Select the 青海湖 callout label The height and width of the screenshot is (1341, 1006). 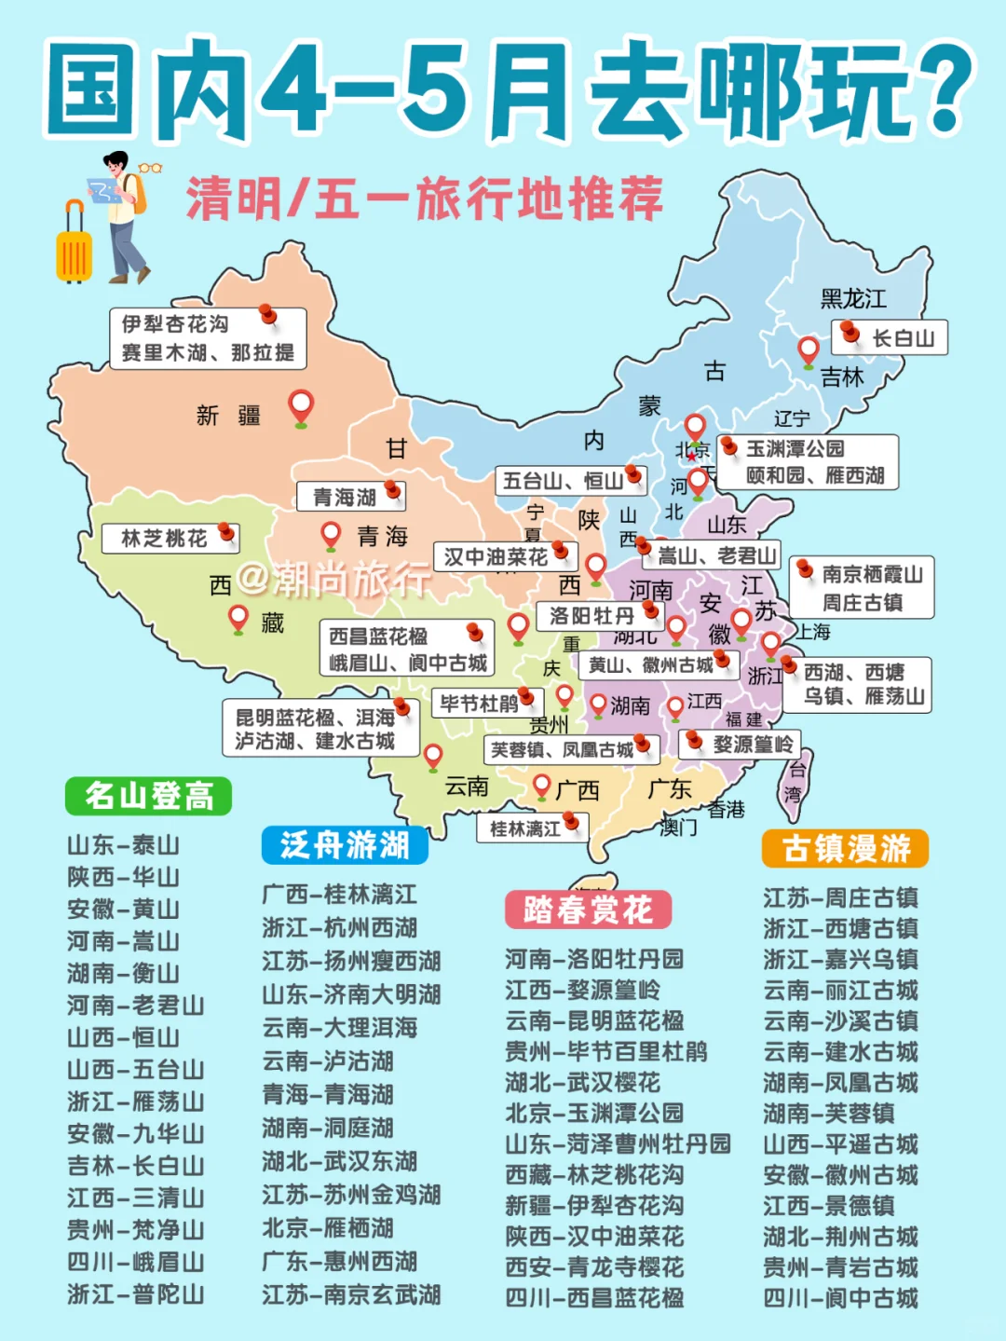coord(350,497)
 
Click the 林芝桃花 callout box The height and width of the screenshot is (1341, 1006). coord(171,538)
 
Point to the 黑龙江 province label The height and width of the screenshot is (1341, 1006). coord(852,299)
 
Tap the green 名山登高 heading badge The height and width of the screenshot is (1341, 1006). coord(148,796)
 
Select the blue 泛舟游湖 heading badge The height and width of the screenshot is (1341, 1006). coord(345,844)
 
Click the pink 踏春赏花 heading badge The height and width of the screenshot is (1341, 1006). coord(588,909)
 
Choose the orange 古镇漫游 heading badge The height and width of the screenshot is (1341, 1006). coord(845,848)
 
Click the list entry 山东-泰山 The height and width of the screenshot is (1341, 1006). coord(123,845)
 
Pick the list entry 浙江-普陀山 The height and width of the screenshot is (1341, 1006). coord(135,1294)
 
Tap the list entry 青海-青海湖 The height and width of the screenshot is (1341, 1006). coord(328,1094)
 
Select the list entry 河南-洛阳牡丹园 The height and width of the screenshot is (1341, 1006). coord(593,959)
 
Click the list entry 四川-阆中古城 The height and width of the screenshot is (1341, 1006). coord(840,1298)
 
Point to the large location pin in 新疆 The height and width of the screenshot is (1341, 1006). coord(300,406)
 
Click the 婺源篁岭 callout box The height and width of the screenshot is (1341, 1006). coord(745,744)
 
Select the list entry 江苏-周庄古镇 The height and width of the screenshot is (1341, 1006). coord(840,897)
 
